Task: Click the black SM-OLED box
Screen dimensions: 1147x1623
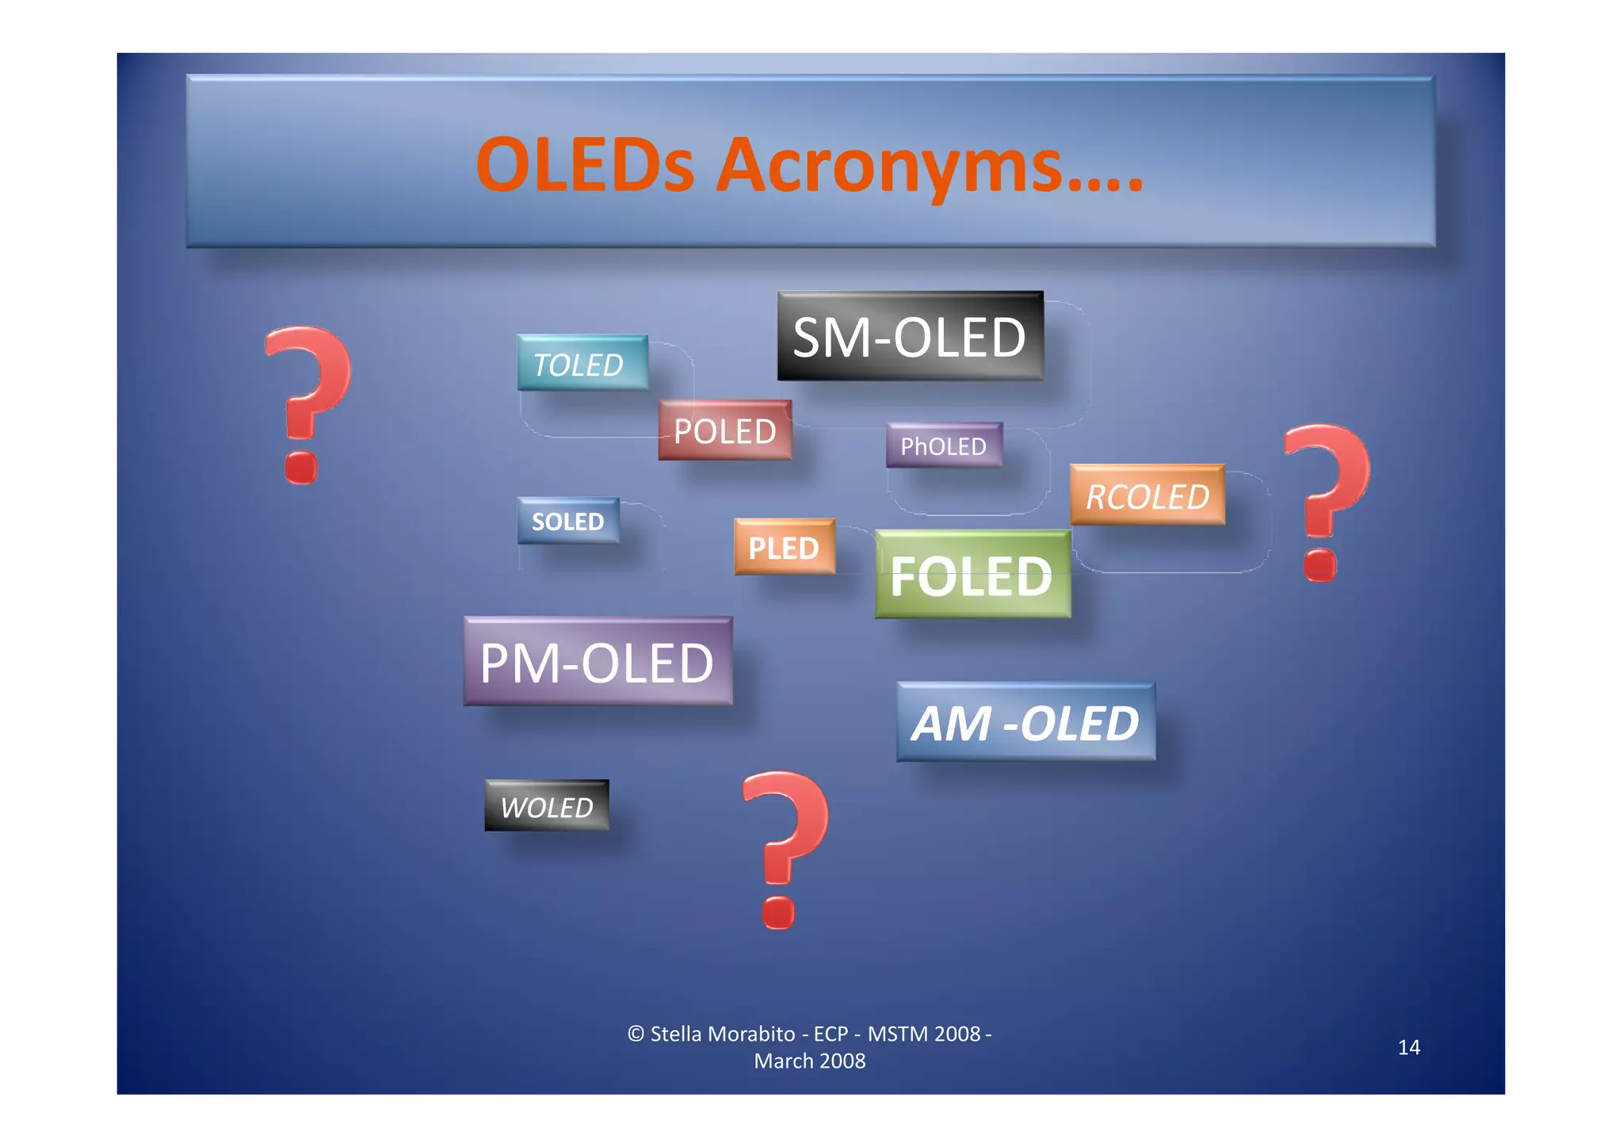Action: click(x=910, y=336)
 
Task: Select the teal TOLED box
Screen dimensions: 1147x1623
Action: click(x=582, y=363)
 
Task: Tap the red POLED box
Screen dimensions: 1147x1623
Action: click(x=724, y=430)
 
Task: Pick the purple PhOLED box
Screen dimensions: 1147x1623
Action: click(x=944, y=445)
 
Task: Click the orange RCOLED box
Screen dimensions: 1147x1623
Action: click(x=1147, y=495)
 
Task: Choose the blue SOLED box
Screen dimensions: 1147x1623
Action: click(x=567, y=521)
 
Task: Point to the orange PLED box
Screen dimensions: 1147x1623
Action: click(x=784, y=547)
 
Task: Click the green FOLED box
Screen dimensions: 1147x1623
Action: click(x=972, y=575)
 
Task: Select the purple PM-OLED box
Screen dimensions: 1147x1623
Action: click(x=598, y=662)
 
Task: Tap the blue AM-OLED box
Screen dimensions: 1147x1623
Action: click(x=1025, y=722)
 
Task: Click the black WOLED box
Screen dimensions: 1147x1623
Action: click(x=547, y=806)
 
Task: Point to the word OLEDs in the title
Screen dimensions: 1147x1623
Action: click(x=585, y=166)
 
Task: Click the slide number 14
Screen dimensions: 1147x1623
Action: click(x=1408, y=1047)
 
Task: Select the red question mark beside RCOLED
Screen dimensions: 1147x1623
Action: click(x=1325, y=501)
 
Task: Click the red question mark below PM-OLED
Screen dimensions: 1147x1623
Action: click(x=784, y=848)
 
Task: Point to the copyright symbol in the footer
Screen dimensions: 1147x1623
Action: click(x=636, y=1034)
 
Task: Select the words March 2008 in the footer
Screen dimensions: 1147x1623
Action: click(x=809, y=1061)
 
